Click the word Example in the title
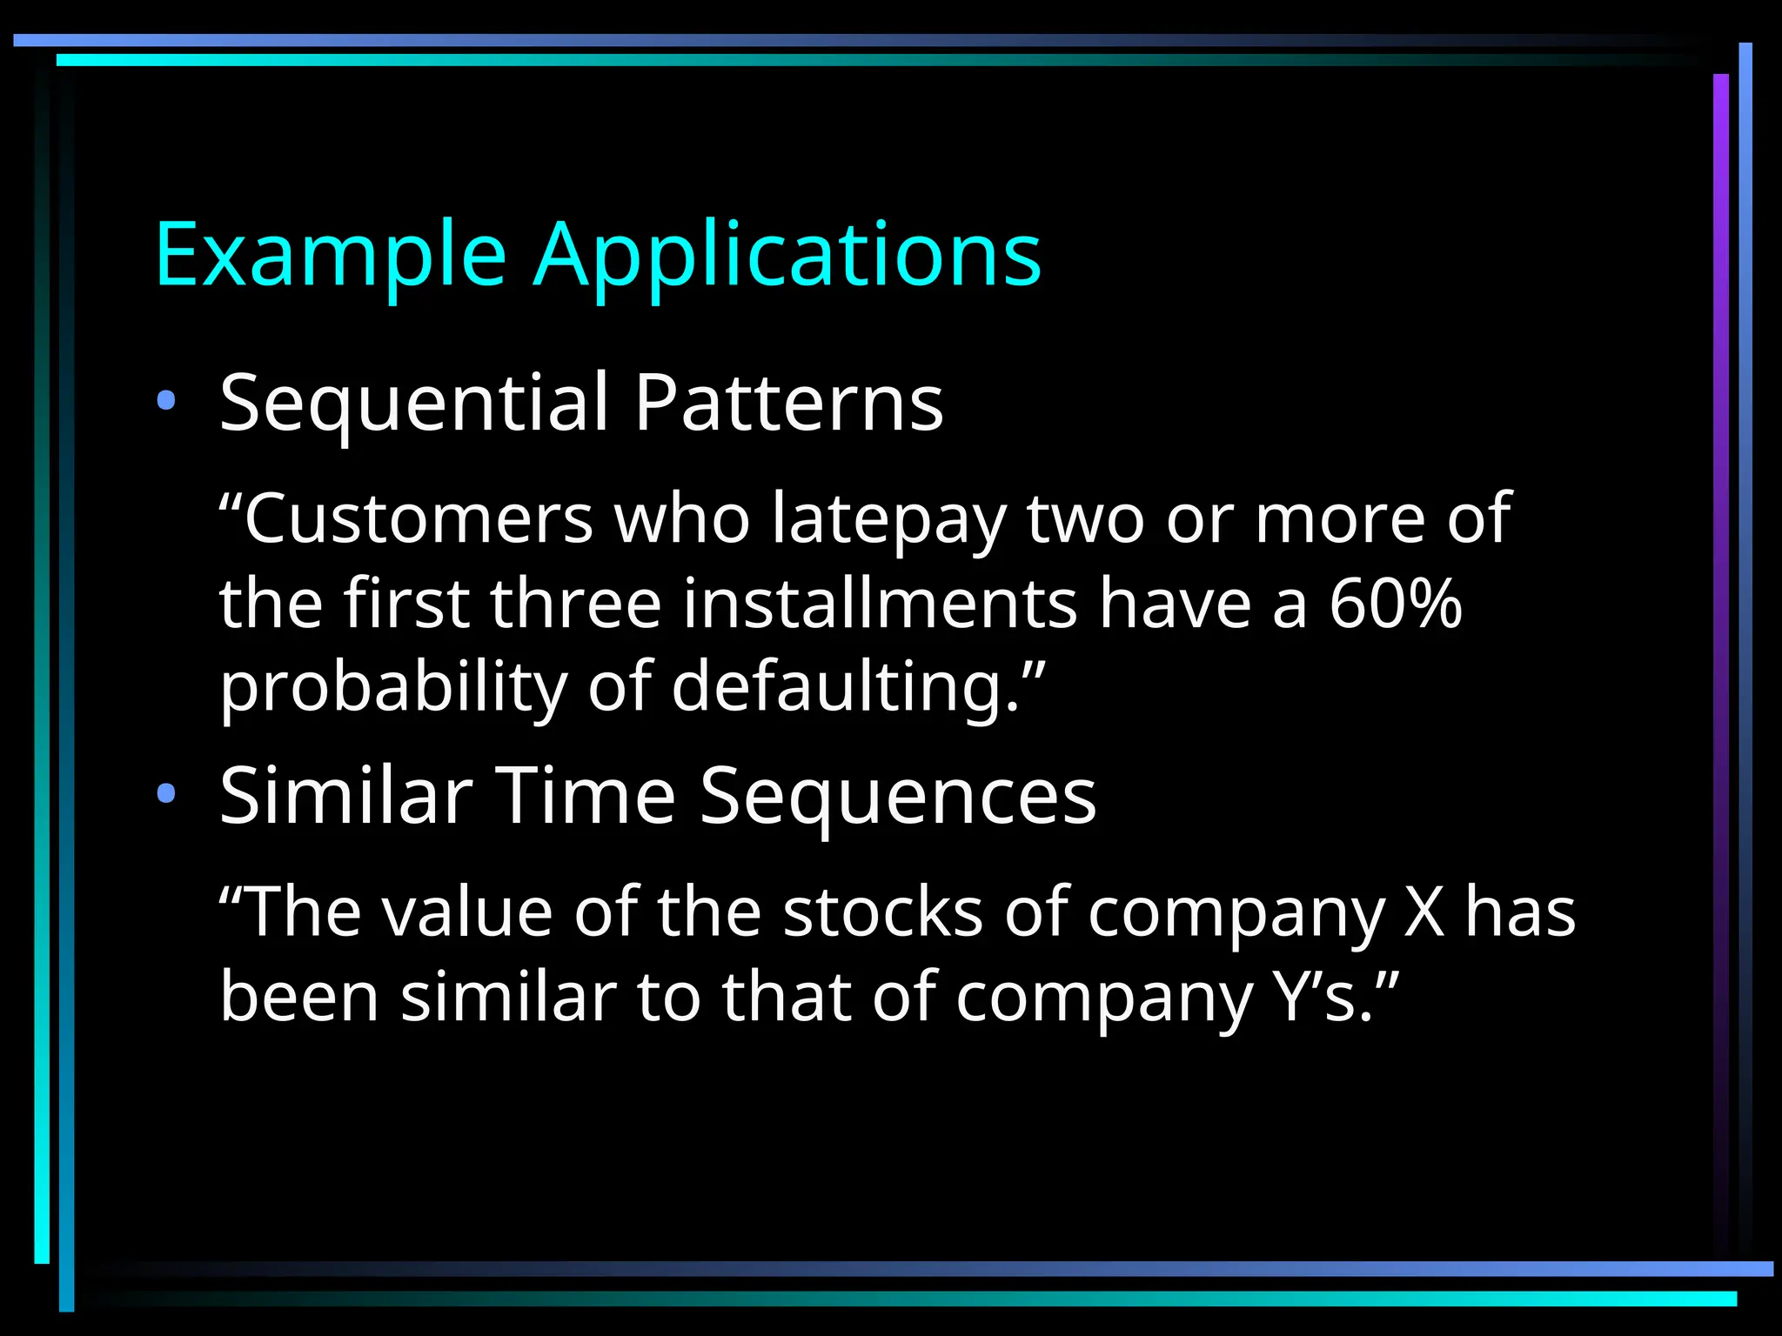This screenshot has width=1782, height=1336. click(330, 256)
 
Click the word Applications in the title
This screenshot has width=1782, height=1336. click(787, 256)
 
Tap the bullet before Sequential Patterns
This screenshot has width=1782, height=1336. click(166, 401)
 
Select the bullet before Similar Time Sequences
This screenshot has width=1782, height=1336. click(166, 793)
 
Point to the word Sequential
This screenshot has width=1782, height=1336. click(413, 403)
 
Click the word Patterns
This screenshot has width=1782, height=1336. click(788, 403)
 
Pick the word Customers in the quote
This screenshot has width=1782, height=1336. click(418, 519)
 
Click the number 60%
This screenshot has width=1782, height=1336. click(1395, 604)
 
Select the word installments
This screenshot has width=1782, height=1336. click(880, 604)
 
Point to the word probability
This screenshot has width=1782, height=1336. click(392, 688)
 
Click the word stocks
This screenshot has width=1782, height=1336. click(883, 912)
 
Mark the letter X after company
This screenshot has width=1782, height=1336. click(1424, 912)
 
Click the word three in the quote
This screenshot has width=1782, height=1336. click(576, 604)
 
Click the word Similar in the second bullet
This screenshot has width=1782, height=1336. click(345, 796)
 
